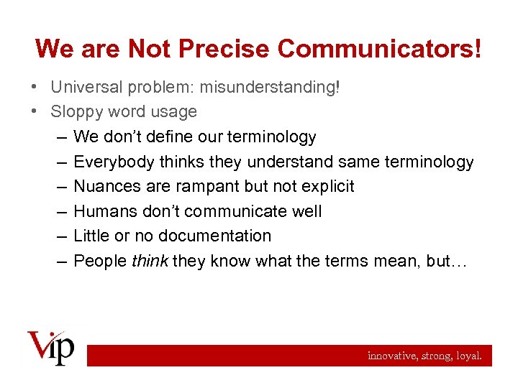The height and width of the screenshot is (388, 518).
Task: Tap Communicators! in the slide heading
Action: [x=379, y=49]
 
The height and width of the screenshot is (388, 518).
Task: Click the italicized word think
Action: [x=149, y=261]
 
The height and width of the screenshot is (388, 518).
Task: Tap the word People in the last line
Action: [x=100, y=261]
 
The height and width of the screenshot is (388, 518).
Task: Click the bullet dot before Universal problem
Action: [x=35, y=87]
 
